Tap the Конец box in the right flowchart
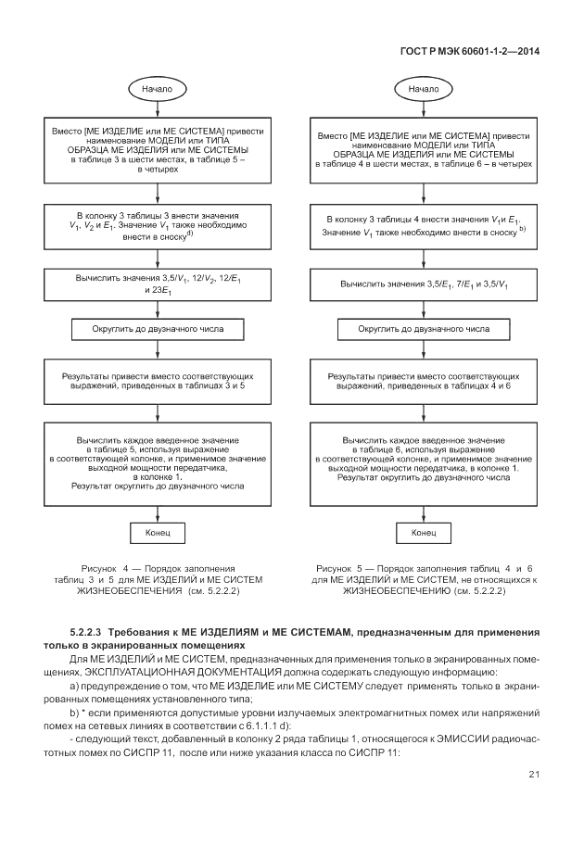[424, 534]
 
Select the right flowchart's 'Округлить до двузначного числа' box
[424, 329]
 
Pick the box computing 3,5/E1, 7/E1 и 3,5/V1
[424, 284]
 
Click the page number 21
[534, 775]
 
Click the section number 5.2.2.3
[91, 631]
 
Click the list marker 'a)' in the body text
[75, 684]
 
